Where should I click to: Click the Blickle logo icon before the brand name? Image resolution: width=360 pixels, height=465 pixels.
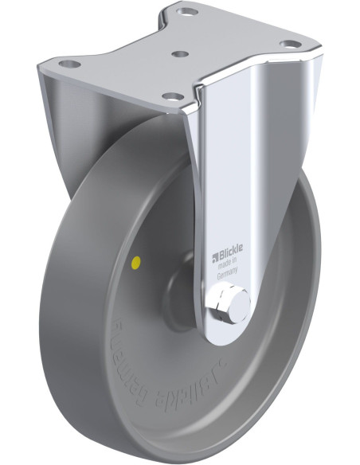coord(213,256)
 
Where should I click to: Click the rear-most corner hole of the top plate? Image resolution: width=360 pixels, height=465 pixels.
coord(186,13)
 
